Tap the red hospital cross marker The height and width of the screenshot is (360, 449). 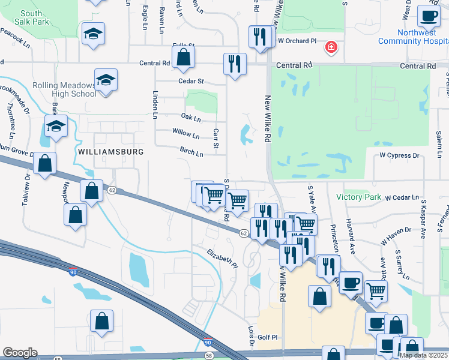click(x=330, y=47)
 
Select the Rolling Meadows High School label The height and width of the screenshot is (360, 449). click(x=64, y=89)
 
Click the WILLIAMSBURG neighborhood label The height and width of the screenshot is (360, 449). click(x=111, y=152)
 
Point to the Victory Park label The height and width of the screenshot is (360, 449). click(x=359, y=197)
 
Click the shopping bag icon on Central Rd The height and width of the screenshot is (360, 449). click(x=183, y=58)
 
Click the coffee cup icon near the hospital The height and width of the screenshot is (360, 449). click(x=428, y=16)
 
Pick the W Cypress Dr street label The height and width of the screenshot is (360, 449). click(x=399, y=155)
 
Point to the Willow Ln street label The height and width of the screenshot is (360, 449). click(x=185, y=134)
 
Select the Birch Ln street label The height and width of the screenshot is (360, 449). click(x=191, y=153)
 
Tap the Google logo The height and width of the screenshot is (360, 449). click(x=20, y=353)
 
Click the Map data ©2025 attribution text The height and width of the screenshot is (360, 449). click(x=423, y=355)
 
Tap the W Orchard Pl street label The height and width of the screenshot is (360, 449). click(x=297, y=41)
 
